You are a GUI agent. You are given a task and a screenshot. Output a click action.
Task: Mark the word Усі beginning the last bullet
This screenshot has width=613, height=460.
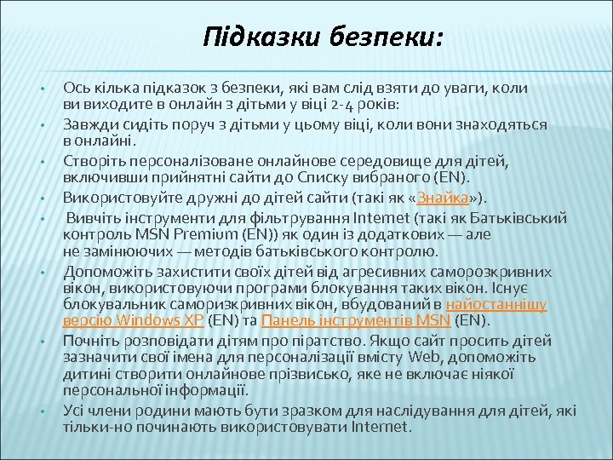(x=74, y=410)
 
